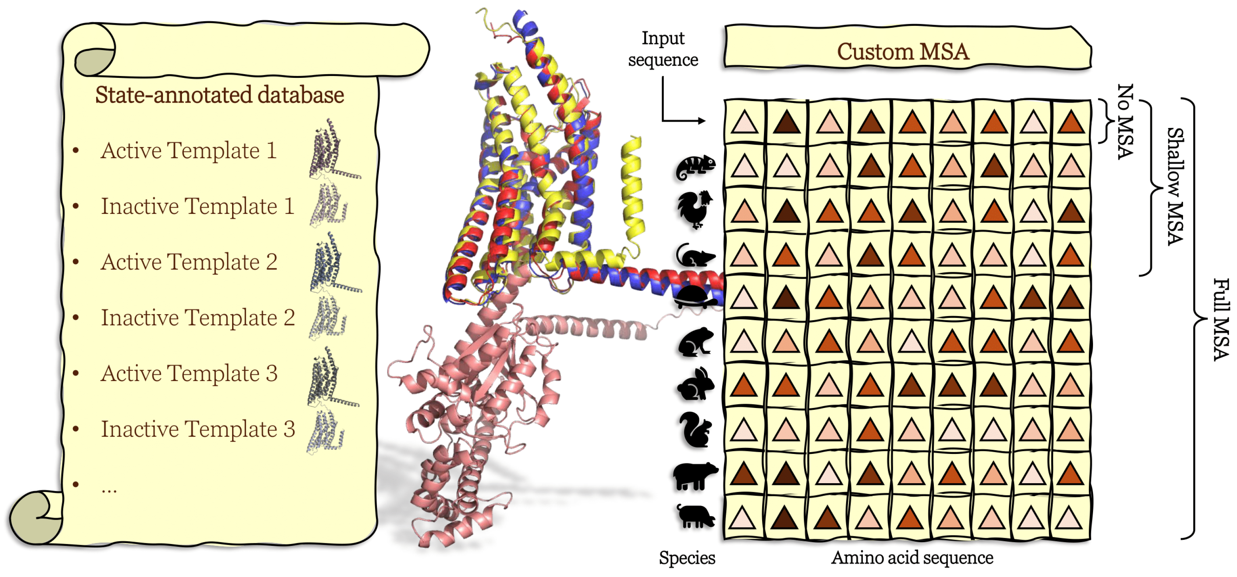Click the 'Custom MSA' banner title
coord(903,51)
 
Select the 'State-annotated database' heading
coord(220,95)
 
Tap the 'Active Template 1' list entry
coord(189,151)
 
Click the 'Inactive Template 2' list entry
coord(198,318)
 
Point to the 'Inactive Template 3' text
coord(198,429)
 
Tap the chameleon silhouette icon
coord(695,168)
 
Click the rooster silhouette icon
coord(694,210)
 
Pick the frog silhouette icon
coord(695,342)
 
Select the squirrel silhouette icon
coord(695,430)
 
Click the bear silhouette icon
coord(694,475)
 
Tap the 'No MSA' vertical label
coord(1125,122)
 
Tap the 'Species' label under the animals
coord(687,558)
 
